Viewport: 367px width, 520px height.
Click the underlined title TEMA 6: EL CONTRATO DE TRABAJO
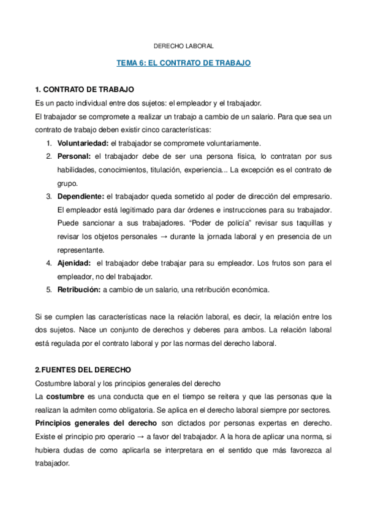(x=183, y=63)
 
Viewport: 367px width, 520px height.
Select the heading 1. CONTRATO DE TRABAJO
(x=85, y=90)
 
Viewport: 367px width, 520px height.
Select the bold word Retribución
(x=79, y=289)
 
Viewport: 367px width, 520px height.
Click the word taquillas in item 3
(x=303, y=223)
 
